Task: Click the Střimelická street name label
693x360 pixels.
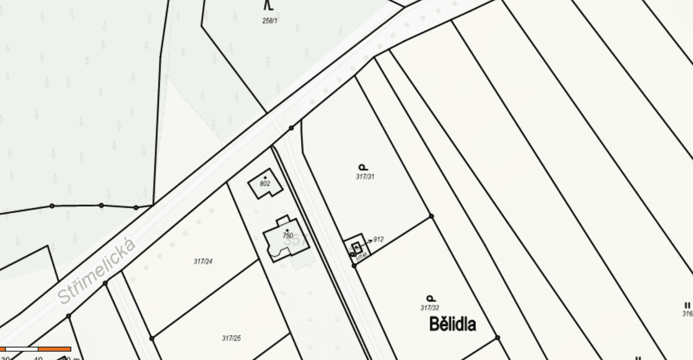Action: tap(97, 271)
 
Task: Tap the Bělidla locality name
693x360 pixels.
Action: tap(453, 324)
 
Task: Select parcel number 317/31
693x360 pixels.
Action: tap(365, 177)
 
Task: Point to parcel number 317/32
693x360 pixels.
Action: tap(430, 308)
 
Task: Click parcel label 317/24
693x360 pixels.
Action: tap(203, 262)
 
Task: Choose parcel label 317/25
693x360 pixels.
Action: tap(231, 338)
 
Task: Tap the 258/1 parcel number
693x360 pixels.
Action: tap(270, 21)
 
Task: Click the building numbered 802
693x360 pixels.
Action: tap(265, 185)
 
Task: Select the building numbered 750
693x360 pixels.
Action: tap(287, 239)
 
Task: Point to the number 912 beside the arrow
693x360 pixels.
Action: tap(379, 239)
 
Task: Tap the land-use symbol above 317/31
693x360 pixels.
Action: tap(363, 167)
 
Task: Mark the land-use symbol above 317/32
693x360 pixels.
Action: tap(430, 298)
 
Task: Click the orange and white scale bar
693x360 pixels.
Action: tap(36, 349)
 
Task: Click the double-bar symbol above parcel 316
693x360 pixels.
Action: tap(688, 306)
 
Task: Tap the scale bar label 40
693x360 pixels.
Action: tap(38, 358)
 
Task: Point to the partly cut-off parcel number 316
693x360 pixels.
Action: tap(688, 314)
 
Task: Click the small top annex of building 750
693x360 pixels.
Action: tap(282, 221)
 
